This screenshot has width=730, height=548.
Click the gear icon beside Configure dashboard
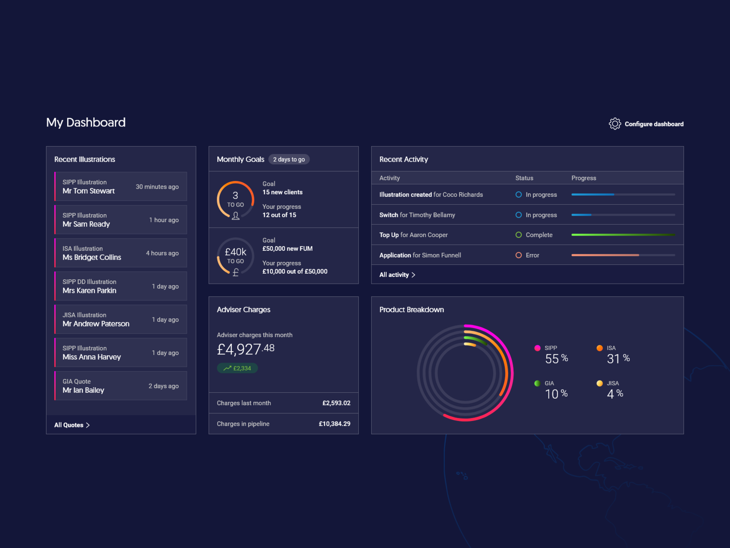coord(615,124)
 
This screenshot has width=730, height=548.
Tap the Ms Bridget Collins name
coord(92,258)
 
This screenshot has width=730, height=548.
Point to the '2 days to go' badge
coord(289,159)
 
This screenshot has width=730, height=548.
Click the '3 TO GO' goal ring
coord(235,200)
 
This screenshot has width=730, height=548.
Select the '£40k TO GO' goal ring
coord(235,257)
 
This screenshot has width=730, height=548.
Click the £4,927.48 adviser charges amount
coord(245,349)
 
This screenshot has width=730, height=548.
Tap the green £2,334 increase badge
coord(237,368)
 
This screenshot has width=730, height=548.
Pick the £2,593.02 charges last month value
coord(336,403)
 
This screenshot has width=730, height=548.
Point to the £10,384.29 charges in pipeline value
coord(334,424)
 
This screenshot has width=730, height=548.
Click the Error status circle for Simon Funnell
coord(519,255)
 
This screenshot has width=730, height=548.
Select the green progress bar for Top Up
coord(623,235)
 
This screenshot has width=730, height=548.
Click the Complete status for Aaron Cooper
coord(538,235)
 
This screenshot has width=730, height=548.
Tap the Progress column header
coord(584,178)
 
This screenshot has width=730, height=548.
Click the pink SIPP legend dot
coord(537,348)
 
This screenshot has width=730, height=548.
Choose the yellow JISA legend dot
coord(600,383)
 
